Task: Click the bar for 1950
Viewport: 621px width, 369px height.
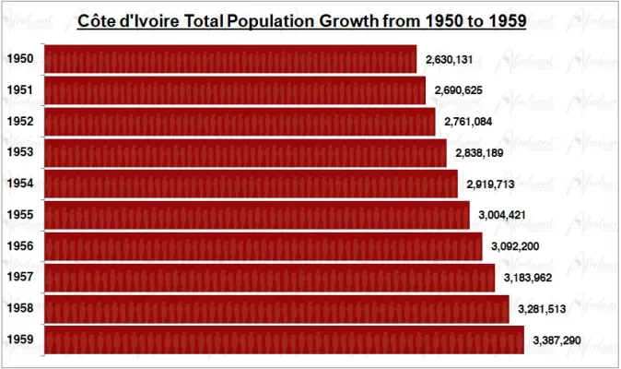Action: pyautogui.click(x=230, y=59)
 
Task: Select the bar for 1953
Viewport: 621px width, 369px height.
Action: pyautogui.click(x=245, y=152)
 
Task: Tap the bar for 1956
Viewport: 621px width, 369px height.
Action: pyautogui.click(x=263, y=246)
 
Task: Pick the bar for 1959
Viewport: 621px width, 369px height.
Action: pyautogui.click(x=284, y=339)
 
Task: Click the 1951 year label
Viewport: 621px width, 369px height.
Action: pyautogui.click(x=19, y=90)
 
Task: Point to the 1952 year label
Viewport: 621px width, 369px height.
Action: pyautogui.click(x=19, y=122)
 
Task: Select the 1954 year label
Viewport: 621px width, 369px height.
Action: pyautogui.click(x=19, y=184)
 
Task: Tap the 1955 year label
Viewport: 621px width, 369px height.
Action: pyautogui.click(x=19, y=215)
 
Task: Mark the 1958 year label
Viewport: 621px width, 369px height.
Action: pyautogui.click(x=19, y=309)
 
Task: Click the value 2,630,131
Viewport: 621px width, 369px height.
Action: pyautogui.click(x=450, y=60)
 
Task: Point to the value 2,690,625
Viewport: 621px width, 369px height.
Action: pyautogui.click(x=459, y=90)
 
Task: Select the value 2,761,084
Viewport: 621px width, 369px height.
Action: pyautogui.click(x=468, y=122)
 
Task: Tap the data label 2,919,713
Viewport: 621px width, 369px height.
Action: pyautogui.click(x=490, y=184)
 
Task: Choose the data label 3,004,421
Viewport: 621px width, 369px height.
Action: pyautogui.click(x=502, y=215)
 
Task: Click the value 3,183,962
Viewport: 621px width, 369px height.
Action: pyautogui.click(x=527, y=278)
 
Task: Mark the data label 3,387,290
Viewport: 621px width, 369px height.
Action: pyautogui.click(x=557, y=340)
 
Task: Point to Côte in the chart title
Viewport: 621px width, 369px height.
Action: pyautogui.click(x=98, y=20)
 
